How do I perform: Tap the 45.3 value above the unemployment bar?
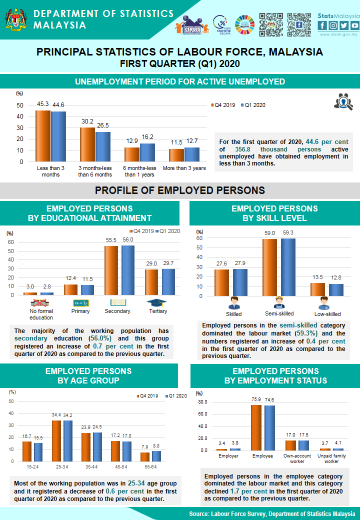coord(43,104)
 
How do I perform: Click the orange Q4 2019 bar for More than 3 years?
coord(176,155)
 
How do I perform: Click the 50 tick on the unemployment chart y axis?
coord(19,105)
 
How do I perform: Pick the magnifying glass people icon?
coord(343,101)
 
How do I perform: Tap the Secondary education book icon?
coord(117,302)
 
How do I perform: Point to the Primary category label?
coord(80,311)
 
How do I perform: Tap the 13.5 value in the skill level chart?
coord(317,277)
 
